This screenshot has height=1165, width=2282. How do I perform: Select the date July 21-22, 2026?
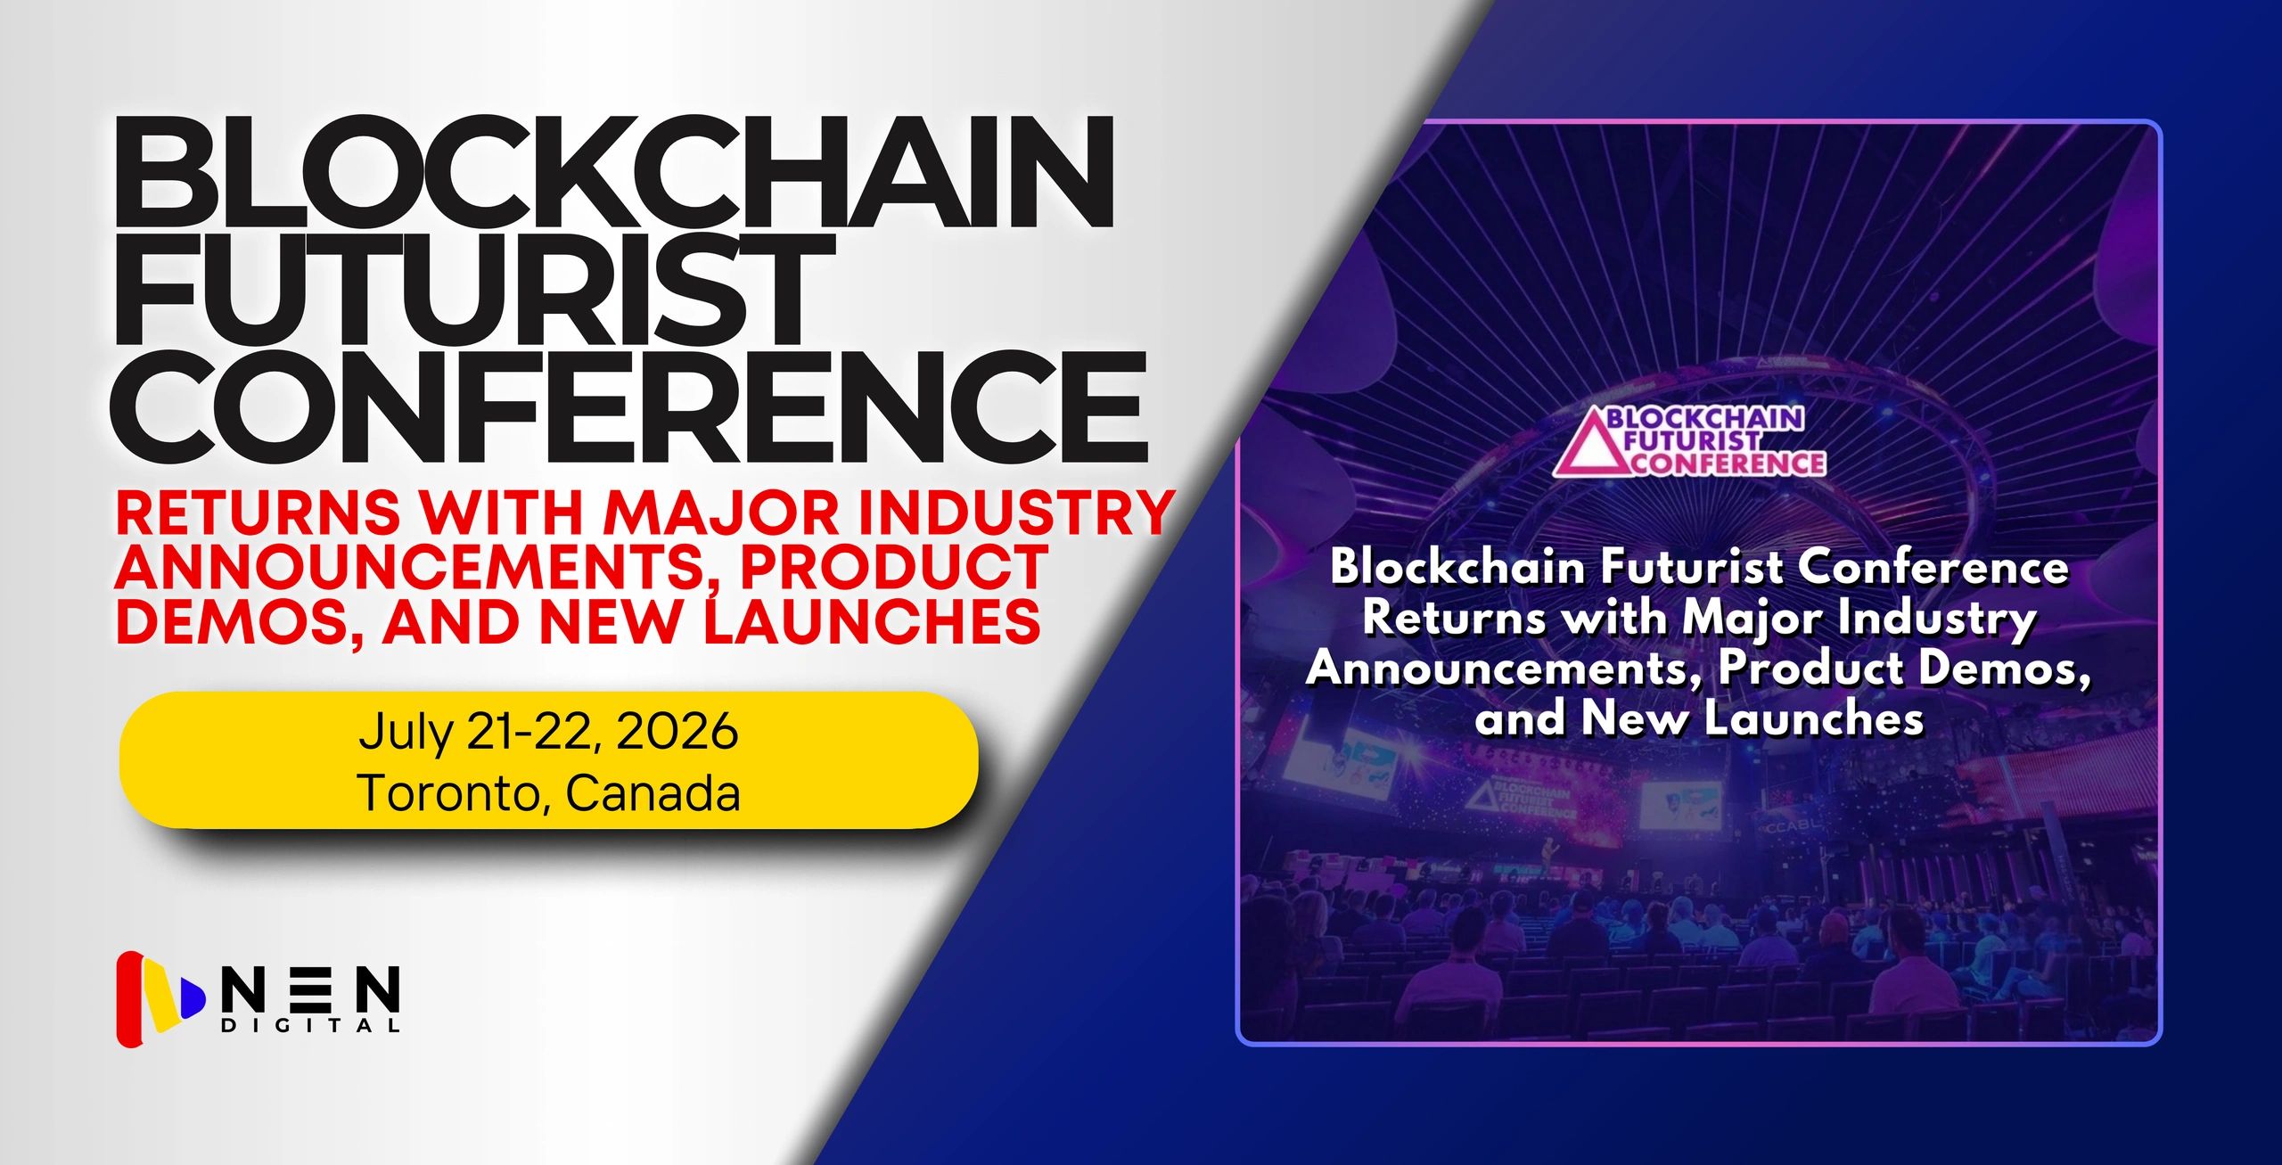(548, 732)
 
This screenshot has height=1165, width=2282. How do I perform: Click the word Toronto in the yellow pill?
(448, 792)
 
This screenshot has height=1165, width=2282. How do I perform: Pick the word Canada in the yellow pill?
(653, 792)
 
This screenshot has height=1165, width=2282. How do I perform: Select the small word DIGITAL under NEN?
(310, 1026)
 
